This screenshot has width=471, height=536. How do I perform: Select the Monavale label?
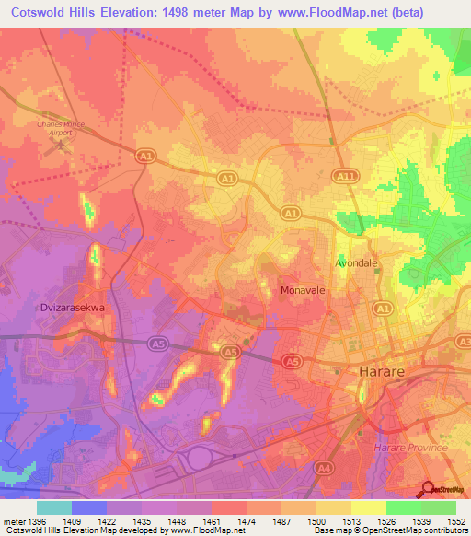301,289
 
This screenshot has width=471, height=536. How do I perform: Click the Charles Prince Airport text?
61,125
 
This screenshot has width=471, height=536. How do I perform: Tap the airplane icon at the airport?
63,144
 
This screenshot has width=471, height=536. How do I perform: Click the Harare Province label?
406,447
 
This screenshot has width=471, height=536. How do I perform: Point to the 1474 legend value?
247,521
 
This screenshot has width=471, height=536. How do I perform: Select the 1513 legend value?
352,521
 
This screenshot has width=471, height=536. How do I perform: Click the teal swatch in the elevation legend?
54,507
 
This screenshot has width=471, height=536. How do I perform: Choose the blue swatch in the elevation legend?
89,507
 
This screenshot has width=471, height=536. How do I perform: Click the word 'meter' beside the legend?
14,521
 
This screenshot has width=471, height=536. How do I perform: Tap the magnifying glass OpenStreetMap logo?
427,488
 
